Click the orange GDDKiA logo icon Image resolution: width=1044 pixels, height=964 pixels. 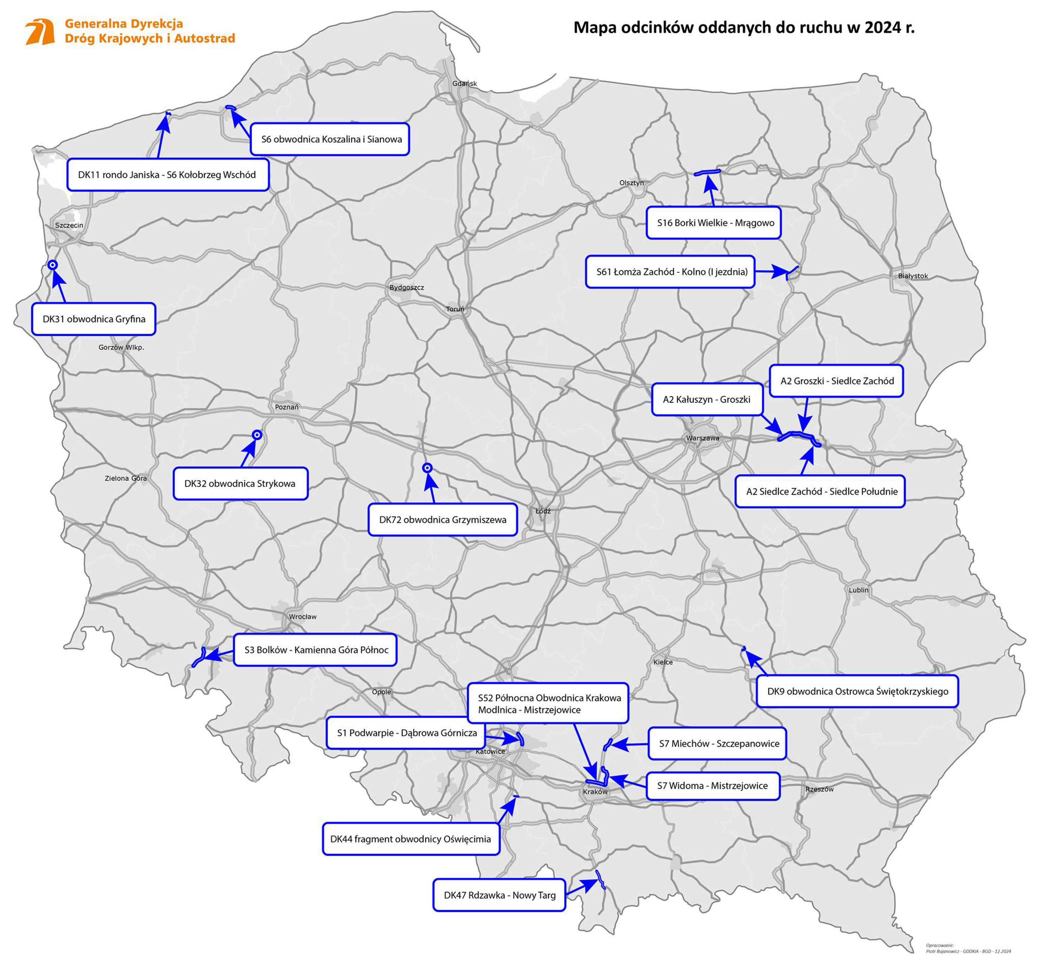tap(40, 32)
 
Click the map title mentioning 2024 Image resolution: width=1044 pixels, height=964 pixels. tap(744, 27)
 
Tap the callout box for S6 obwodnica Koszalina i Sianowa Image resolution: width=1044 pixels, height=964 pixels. tap(330, 139)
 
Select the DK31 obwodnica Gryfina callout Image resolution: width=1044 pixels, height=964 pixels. tap(94, 319)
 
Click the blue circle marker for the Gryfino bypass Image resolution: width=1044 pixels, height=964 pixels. tap(53, 265)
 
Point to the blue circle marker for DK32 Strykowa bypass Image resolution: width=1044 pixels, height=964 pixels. tap(257, 435)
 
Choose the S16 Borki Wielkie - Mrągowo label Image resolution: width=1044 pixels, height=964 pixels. tap(713, 223)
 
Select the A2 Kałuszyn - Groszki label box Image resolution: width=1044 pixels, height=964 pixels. tap(706, 400)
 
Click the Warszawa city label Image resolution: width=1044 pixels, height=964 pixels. tap(702, 438)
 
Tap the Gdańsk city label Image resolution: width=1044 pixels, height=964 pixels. tap(464, 84)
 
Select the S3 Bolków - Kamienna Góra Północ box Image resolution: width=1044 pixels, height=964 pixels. tap(315, 650)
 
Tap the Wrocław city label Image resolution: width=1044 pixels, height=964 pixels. tap(303, 617)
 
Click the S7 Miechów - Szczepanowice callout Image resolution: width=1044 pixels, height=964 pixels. tap(717, 743)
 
